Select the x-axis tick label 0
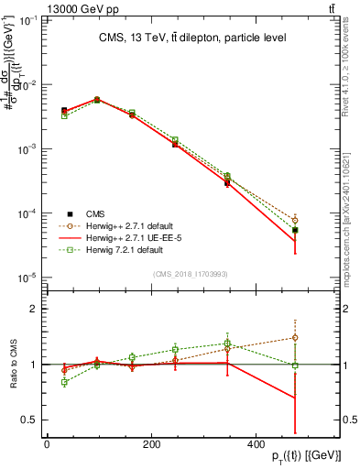coord(47,444)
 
